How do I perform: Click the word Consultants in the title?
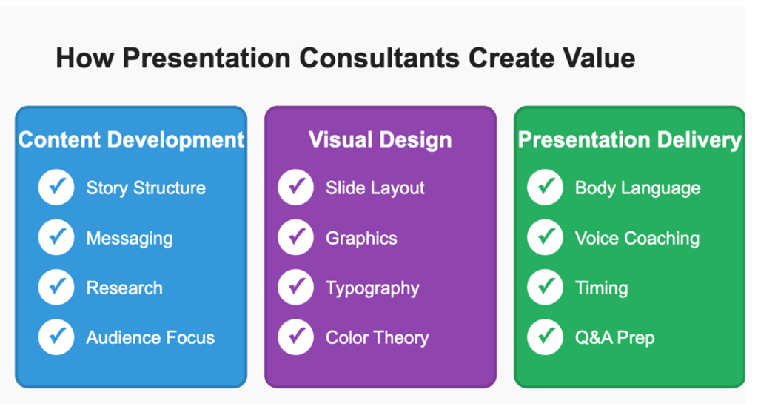[x=380, y=58]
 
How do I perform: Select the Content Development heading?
[x=131, y=140]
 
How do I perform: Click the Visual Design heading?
[x=380, y=140]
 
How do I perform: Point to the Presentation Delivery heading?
[x=629, y=140]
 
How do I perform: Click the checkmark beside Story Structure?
[x=56, y=188]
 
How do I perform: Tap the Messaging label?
[x=129, y=239]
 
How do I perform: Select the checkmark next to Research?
[x=56, y=287]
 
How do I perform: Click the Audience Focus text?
[x=150, y=338]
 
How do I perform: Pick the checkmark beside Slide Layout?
[x=296, y=188]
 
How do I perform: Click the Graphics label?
[x=361, y=239]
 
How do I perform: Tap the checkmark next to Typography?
[x=296, y=287]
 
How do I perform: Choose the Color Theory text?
[x=377, y=338]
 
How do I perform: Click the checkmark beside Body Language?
[x=546, y=188]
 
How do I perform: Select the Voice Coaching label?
[x=637, y=239]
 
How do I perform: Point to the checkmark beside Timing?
[x=546, y=287]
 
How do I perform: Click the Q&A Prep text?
[x=615, y=338]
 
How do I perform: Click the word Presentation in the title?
[x=207, y=58]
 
